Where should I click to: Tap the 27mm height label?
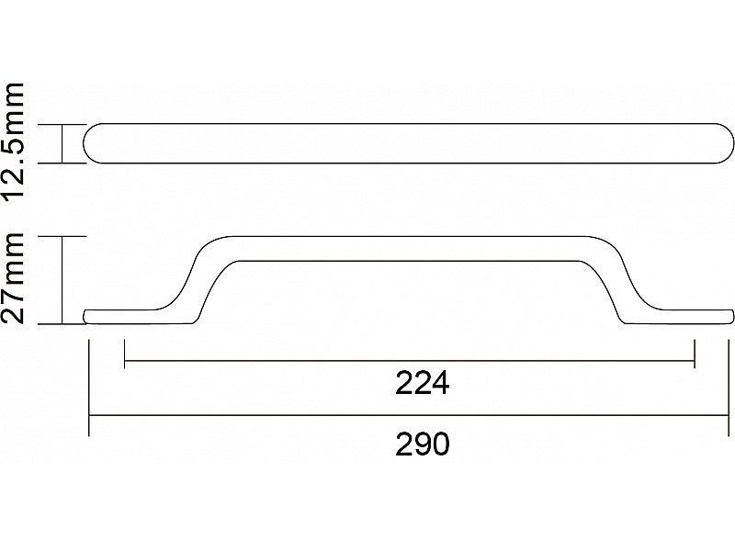(13, 277)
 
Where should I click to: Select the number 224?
(423, 383)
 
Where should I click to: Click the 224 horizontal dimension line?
(409, 361)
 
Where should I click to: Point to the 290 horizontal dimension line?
(408, 415)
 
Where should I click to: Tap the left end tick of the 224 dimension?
(124, 354)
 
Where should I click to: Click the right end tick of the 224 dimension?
(695, 354)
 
